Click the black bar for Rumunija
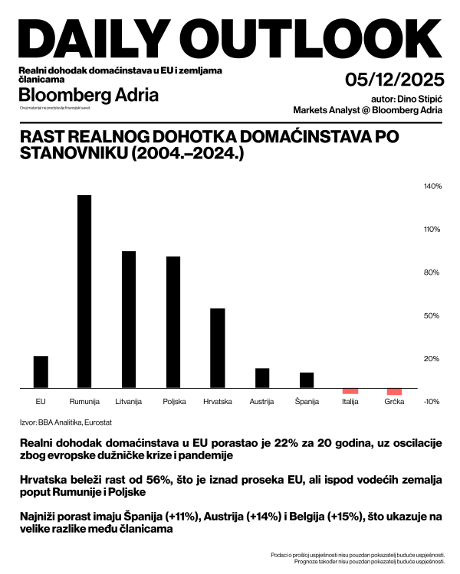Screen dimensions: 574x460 coord(84,292)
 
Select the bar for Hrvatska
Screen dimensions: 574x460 coord(218,348)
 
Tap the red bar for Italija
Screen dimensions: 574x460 coord(350,391)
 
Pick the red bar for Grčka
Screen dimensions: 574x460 coord(394,392)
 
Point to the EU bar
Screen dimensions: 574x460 coord(41,372)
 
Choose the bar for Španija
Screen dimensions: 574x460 coord(306,380)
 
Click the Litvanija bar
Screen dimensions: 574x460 coord(129,320)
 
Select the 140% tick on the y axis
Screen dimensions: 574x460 coord(432,186)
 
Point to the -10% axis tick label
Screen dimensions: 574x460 coord(432,402)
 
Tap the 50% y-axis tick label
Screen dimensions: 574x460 coord(432,315)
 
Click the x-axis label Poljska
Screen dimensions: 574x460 coord(173,402)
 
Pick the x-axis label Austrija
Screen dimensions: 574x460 coord(262,402)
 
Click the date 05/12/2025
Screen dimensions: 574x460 coord(395,80)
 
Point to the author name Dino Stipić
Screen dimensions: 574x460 coord(419,99)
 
